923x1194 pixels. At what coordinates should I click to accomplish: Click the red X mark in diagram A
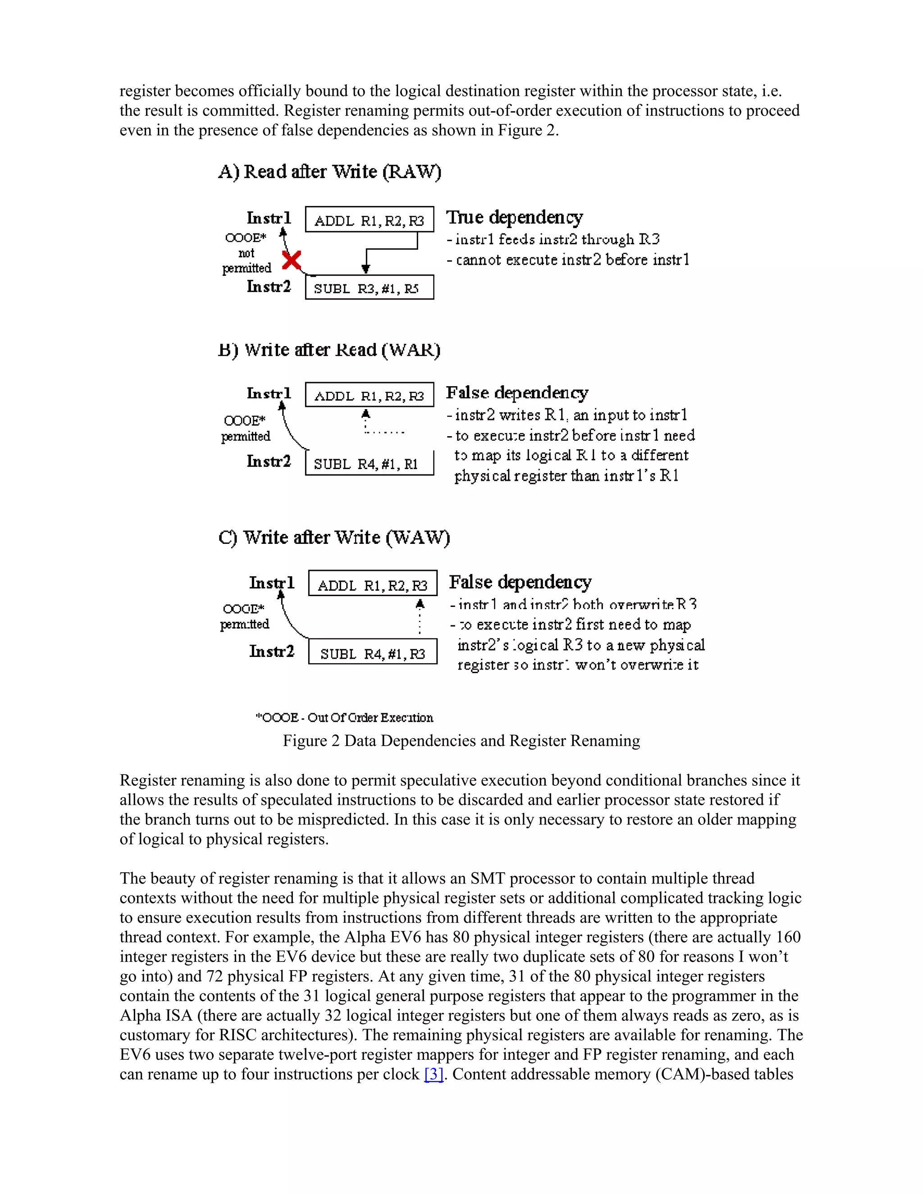pos(292,260)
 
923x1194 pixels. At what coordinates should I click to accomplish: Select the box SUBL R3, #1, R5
pos(369,287)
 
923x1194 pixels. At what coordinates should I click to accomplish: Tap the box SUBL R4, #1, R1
pos(369,464)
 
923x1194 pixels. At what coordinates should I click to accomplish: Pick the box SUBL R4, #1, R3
pos(372,652)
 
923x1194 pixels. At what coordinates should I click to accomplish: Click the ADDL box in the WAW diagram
pos(372,584)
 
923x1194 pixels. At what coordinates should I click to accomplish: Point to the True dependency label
pos(515,217)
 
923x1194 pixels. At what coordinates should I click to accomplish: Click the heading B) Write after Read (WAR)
pos(329,350)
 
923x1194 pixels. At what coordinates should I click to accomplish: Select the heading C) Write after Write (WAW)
pos(334,538)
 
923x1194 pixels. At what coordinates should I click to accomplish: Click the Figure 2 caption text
pos(461,741)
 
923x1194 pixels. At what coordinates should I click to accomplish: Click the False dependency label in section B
pos(517,392)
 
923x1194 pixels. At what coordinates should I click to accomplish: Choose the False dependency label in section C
pos(520,582)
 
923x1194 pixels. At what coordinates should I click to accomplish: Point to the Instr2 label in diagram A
pos(269,287)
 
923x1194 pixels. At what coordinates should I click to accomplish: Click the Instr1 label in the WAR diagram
pos(269,394)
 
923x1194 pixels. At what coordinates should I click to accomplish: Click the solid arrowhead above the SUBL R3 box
pos(366,269)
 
